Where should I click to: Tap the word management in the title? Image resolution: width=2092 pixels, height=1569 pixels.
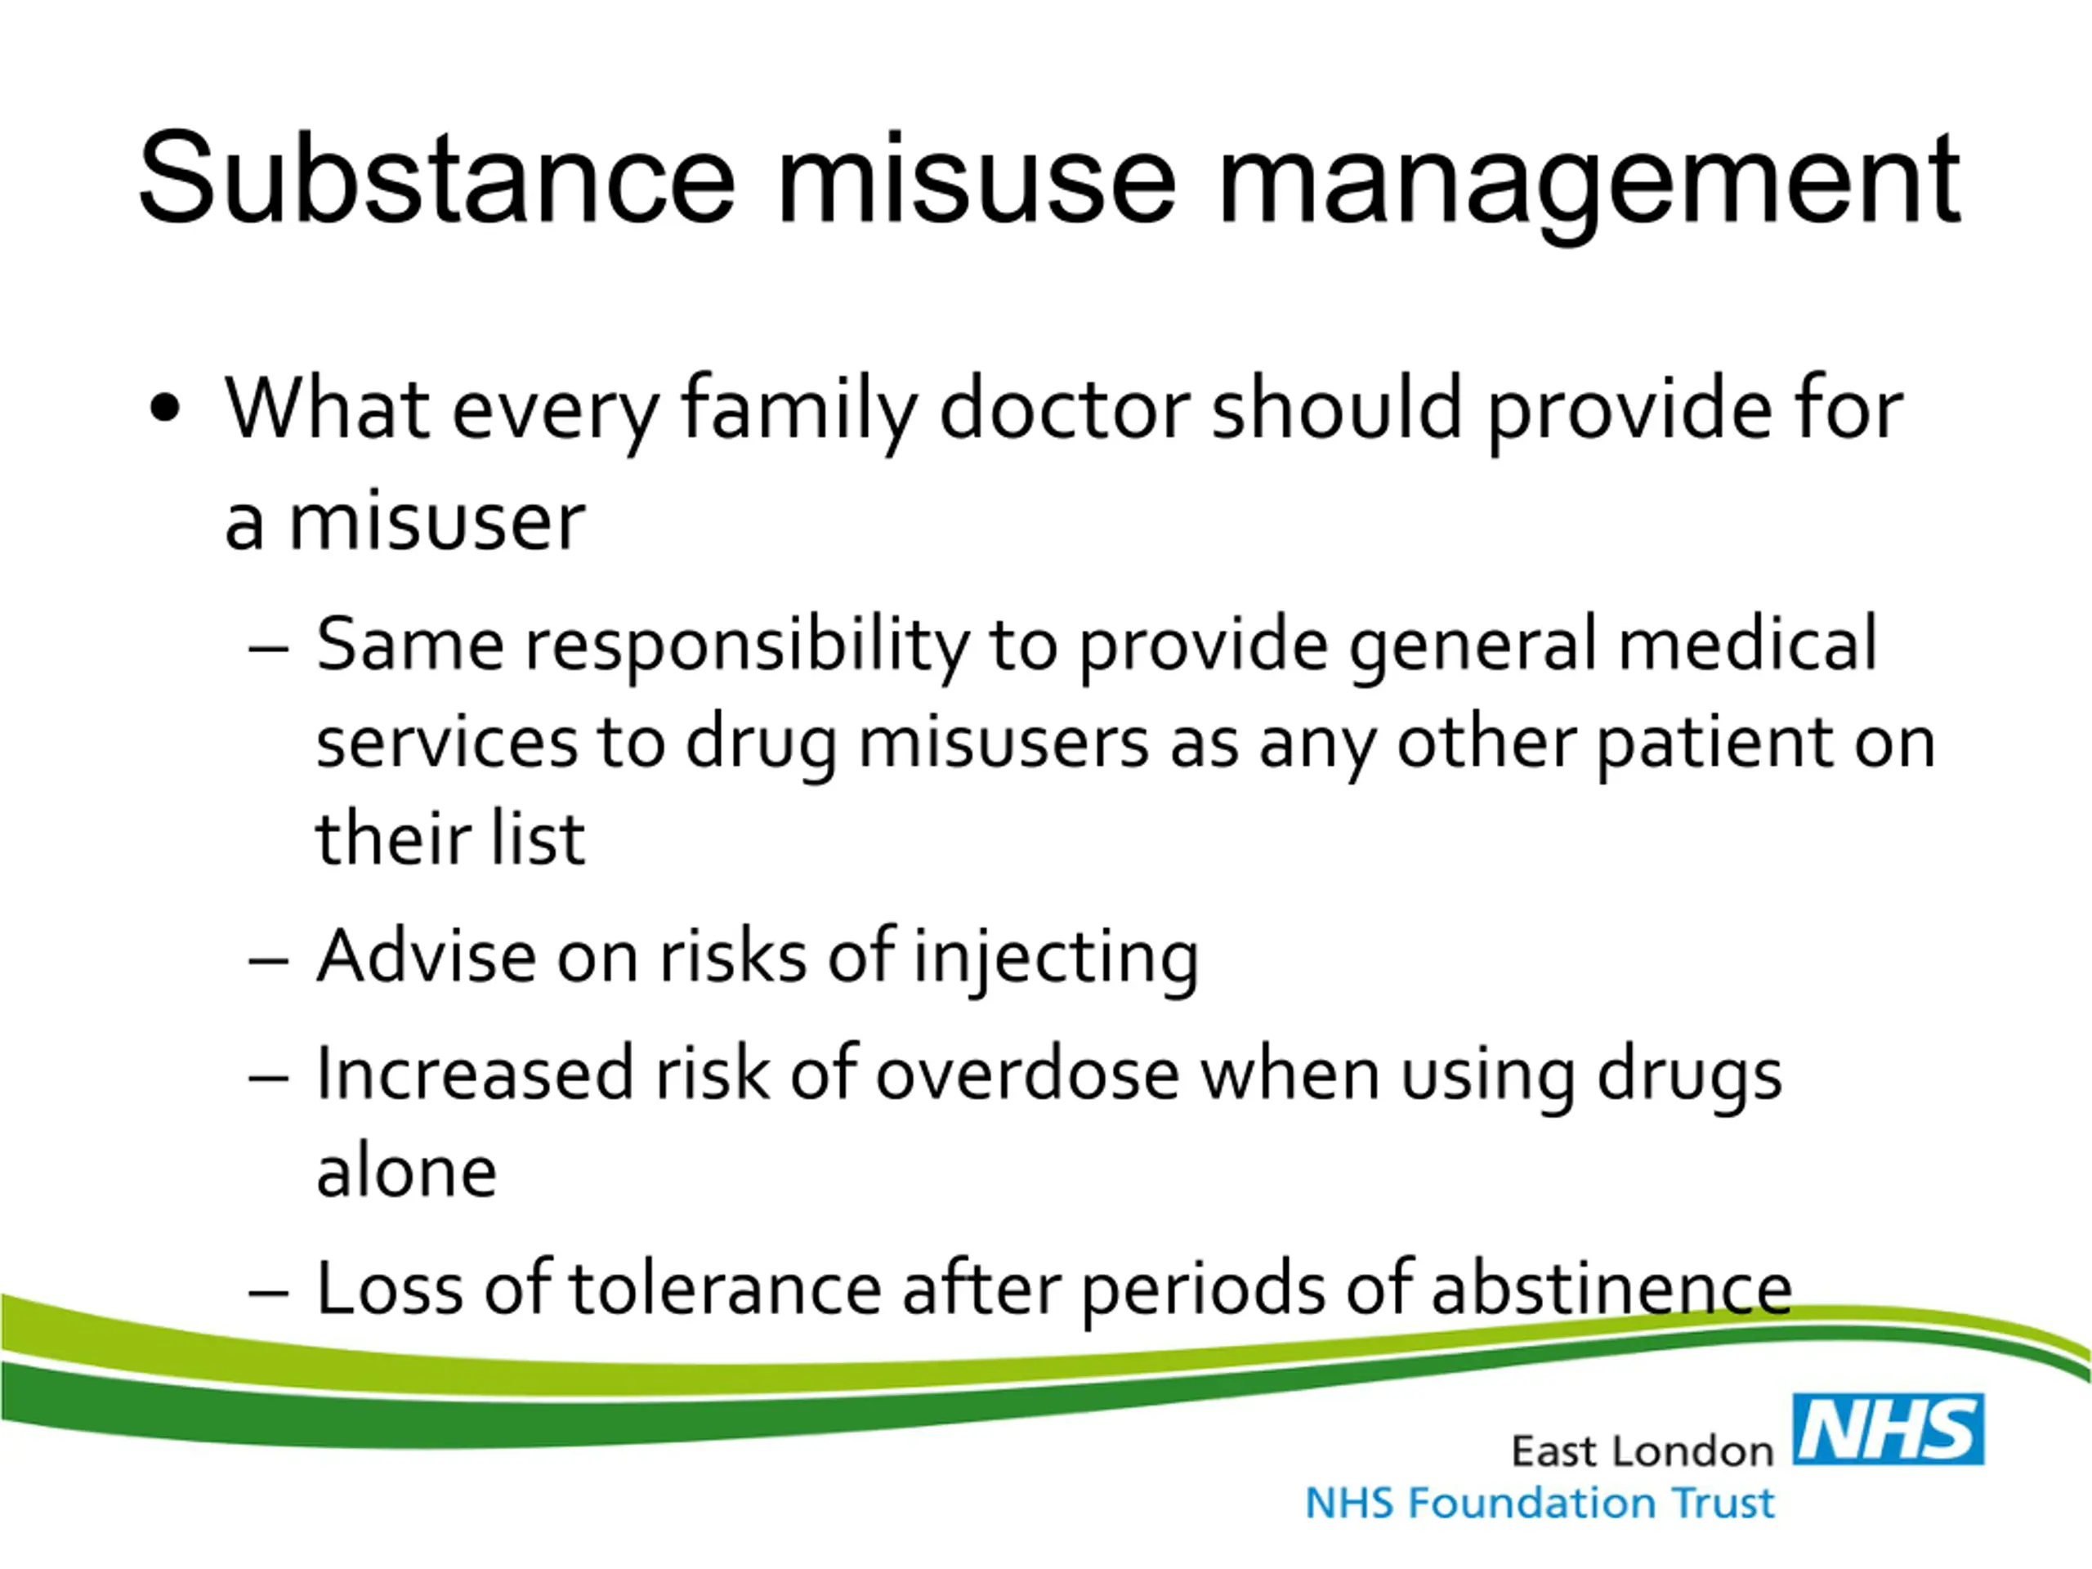pyautogui.click(x=1589, y=187)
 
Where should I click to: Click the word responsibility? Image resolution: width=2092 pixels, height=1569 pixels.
pyautogui.click(x=747, y=648)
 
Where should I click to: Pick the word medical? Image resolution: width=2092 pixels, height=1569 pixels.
pyautogui.click(x=1748, y=642)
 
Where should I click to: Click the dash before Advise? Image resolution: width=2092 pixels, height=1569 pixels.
pyautogui.click(x=269, y=960)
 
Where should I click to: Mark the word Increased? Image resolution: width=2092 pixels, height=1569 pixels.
pyautogui.click(x=474, y=1074)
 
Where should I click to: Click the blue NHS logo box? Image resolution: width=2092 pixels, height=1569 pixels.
pyautogui.click(x=1888, y=1429)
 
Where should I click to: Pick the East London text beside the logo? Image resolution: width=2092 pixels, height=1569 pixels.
pyautogui.click(x=1642, y=1451)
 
